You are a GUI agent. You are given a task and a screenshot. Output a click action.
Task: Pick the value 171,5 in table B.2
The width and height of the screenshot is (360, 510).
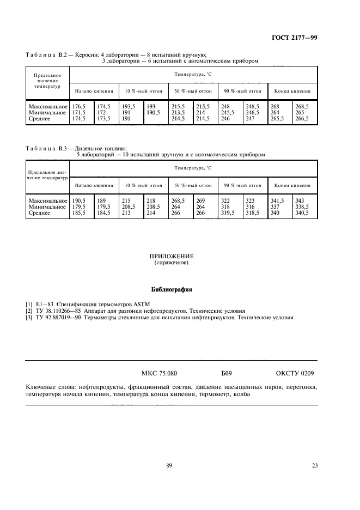point(79,112)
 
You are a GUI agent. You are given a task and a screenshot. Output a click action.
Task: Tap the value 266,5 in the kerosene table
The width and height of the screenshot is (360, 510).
point(301,118)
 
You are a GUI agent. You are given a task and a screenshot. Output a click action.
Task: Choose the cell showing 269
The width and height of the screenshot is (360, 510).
point(200,202)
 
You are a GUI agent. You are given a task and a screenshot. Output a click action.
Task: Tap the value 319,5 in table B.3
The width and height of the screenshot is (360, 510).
point(228,212)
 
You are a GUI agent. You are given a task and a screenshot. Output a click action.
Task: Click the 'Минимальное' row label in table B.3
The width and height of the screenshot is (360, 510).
point(47,207)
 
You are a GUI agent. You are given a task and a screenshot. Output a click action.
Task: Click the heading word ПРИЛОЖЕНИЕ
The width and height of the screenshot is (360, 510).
point(172,256)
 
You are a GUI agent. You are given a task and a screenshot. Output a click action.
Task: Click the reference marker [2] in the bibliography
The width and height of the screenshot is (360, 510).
point(29,310)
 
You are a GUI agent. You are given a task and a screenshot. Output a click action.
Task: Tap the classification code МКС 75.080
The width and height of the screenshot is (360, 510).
point(159,374)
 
